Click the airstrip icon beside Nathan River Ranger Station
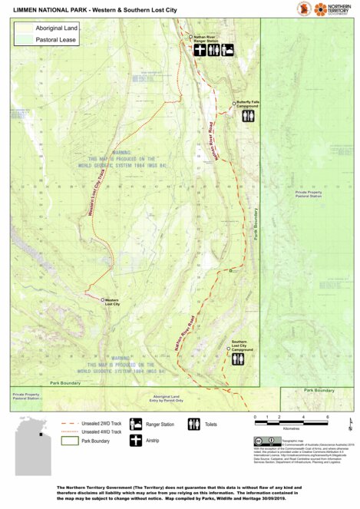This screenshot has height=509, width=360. [199, 50]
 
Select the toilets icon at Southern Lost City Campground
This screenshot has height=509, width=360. [239, 358]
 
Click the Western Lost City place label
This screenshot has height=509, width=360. [112, 302]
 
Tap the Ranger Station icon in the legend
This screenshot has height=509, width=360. [136, 424]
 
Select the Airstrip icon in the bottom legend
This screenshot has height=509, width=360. [136, 441]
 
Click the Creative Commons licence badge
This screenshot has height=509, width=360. [262, 441]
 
